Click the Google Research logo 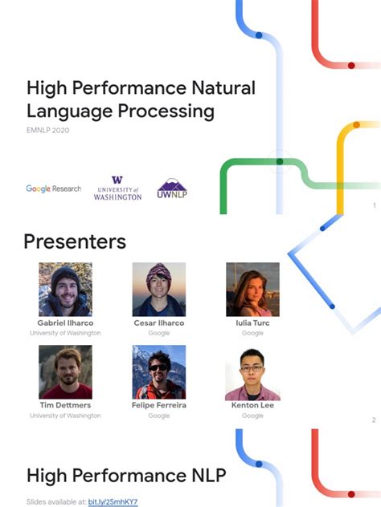click(53, 189)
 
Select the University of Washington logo click(117, 189)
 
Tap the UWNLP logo click(172, 189)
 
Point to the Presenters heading click(75, 241)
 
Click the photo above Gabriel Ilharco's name click(65, 289)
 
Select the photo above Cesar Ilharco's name click(159, 289)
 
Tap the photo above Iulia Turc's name click(252, 289)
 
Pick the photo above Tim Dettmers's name click(65, 372)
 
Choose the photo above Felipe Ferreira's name click(159, 372)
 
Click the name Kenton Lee click(252, 405)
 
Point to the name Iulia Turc click(252, 322)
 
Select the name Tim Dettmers click(65, 405)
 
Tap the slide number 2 click(373, 420)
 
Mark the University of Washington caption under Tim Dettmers click(65, 416)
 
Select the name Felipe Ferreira click(159, 405)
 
